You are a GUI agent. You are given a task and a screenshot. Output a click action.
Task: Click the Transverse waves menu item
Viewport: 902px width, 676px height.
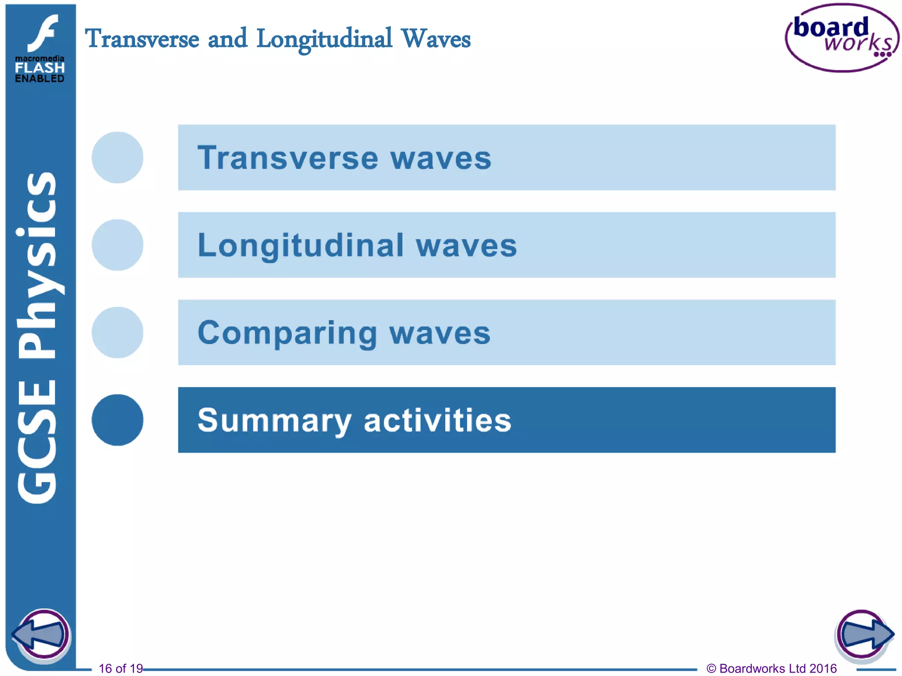tap(506, 158)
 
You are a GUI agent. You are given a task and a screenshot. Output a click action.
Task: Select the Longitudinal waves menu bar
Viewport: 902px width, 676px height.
tap(506, 245)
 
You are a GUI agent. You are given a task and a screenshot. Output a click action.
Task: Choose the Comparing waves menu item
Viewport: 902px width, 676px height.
tap(506, 332)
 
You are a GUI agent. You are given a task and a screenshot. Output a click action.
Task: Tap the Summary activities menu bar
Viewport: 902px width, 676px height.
tap(506, 420)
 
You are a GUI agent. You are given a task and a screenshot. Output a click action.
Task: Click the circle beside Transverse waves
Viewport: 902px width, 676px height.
tap(118, 158)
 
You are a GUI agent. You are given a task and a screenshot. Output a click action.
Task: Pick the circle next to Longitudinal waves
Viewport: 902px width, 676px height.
tap(118, 245)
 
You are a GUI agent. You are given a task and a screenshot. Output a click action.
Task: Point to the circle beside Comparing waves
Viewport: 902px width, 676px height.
tap(118, 332)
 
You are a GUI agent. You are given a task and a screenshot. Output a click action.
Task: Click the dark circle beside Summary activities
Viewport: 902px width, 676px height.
tap(118, 420)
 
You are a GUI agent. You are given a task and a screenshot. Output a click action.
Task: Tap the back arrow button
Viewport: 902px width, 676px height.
tap(41, 635)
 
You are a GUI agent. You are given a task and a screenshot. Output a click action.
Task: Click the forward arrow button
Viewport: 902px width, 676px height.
tap(864, 635)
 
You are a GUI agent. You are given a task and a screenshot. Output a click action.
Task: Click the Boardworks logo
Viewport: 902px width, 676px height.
tap(842, 38)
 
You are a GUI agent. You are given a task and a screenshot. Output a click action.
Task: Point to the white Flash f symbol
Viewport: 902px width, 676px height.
tap(43, 33)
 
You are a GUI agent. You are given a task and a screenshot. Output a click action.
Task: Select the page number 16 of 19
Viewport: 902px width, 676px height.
tap(121, 669)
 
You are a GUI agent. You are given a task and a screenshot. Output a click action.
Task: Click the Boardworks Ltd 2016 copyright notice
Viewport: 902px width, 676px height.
tap(772, 669)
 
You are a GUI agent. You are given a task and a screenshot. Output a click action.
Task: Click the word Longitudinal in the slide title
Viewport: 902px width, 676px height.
tap(324, 39)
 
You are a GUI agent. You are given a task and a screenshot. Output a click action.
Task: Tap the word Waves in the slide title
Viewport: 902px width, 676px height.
tap(436, 39)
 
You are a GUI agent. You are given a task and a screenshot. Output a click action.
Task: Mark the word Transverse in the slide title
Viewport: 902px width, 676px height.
tap(142, 39)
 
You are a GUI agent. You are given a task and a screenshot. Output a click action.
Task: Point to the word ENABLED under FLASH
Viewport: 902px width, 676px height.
tap(40, 79)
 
